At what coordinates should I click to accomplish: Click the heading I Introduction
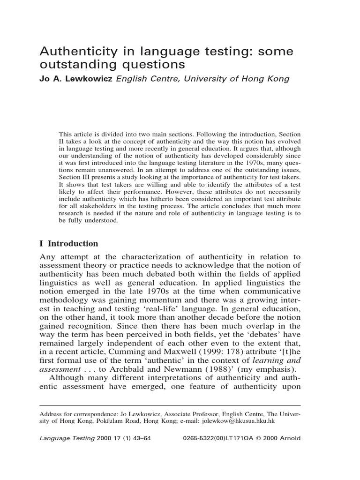(x=68, y=243)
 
